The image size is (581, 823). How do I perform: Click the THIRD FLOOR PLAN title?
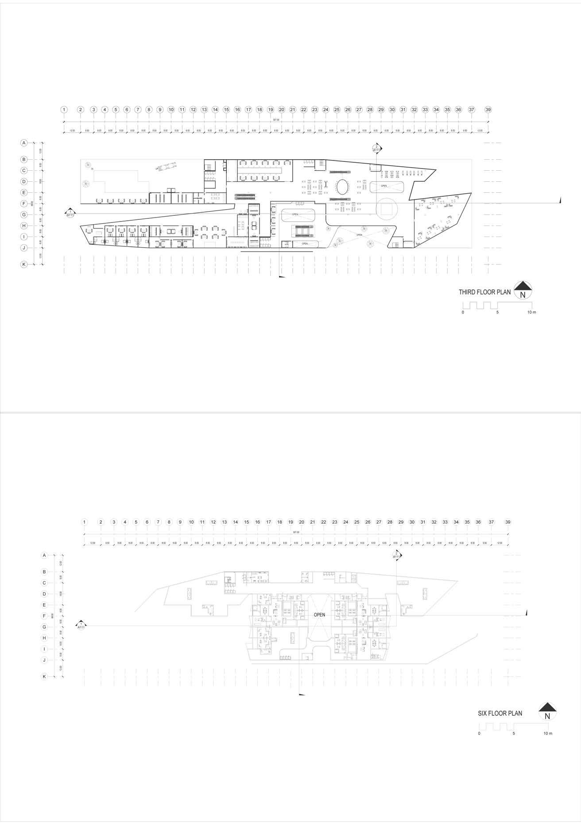click(484, 292)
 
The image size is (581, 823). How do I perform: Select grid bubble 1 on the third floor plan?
click(64, 110)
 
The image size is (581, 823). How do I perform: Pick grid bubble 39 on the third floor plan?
click(488, 110)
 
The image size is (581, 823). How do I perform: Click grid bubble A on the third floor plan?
click(24, 143)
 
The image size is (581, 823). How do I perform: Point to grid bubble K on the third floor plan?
click(24, 264)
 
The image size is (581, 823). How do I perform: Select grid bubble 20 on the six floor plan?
click(302, 522)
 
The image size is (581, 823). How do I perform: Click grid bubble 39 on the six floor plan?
click(508, 522)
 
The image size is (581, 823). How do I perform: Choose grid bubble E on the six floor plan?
click(44, 605)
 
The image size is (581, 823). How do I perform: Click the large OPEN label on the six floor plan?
click(319, 615)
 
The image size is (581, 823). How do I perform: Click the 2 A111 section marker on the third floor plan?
click(376, 149)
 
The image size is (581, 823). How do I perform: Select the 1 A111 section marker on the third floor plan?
click(70, 214)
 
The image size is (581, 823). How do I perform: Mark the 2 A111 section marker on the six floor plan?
click(396, 555)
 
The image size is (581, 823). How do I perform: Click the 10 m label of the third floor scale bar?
click(531, 312)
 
